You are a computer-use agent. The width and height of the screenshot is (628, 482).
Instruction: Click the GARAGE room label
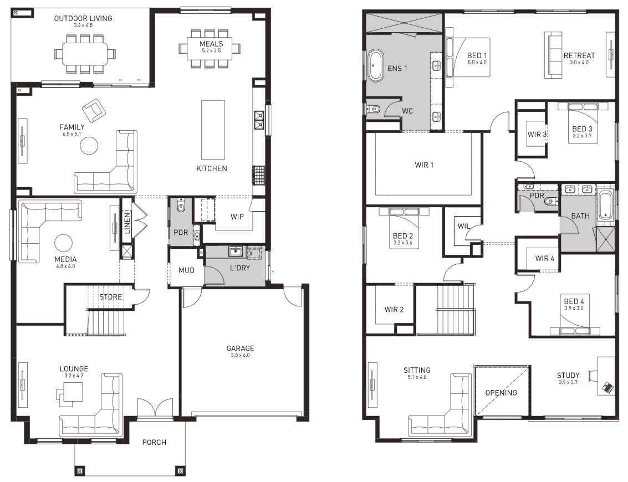click(x=241, y=348)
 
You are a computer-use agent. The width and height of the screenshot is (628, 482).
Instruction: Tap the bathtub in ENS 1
click(x=375, y=66)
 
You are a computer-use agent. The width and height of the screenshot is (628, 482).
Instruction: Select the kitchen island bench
click(x=213, y=130)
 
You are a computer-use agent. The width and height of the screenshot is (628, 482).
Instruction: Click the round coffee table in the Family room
click(x=89, y=146)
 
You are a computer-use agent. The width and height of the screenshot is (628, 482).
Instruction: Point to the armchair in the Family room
click(x=94, y=110)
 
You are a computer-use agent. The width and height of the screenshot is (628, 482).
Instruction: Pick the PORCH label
click(x=154, y=442)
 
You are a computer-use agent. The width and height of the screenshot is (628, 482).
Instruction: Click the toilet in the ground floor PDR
click(x=181, y=206)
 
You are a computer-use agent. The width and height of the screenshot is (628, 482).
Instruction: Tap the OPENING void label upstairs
click(x=501, y=393)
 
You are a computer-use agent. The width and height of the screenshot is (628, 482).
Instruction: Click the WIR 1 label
click(x=424, y=165)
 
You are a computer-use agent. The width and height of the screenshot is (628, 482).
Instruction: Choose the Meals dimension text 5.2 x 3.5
click(x=212, y=51)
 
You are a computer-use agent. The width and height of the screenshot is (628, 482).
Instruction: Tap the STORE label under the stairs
click(x=110, y=297)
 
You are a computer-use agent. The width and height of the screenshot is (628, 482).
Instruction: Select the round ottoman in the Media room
click(x=63, y=243)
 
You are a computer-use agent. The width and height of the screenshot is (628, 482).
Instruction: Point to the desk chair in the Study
click(x=593, y=376)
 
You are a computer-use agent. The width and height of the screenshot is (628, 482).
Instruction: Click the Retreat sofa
click(x=553, y=55)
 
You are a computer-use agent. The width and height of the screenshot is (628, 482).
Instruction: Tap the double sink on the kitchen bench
click(x=259, y=120)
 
